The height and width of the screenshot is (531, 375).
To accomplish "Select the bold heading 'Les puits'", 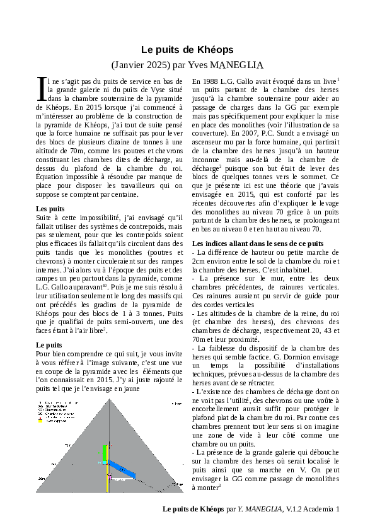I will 50,209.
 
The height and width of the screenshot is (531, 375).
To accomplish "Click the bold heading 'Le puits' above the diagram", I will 49,345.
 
